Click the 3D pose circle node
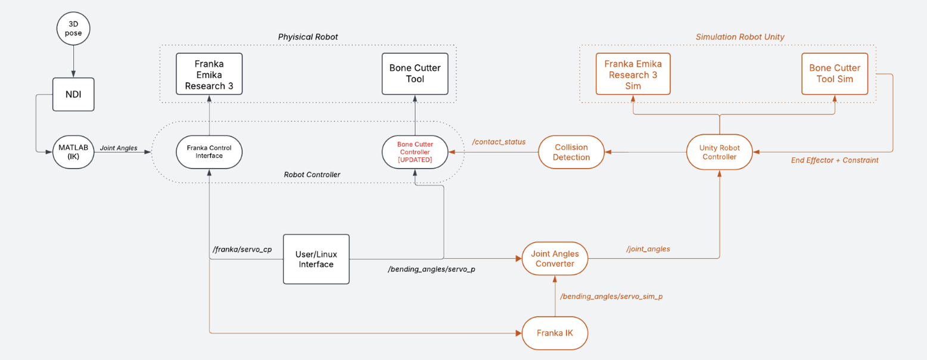click(73, 29)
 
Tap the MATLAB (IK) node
click(73, 152)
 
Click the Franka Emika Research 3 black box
click(209, 73)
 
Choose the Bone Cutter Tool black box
click(415, 73)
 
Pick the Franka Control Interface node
click(209, 152)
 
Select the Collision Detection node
click(571, 152)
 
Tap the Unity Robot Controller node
click(720, 152)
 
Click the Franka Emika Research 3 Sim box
click(633, 74)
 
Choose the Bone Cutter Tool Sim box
click(835, 74)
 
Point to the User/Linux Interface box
click(316, 259)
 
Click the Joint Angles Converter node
click(555, 259)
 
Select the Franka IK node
click(555, 333)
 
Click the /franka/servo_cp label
click(242, 249)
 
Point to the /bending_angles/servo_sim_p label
click(611, 296)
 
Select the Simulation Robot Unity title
click(740, 37)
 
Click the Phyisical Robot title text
click(308, 37)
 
